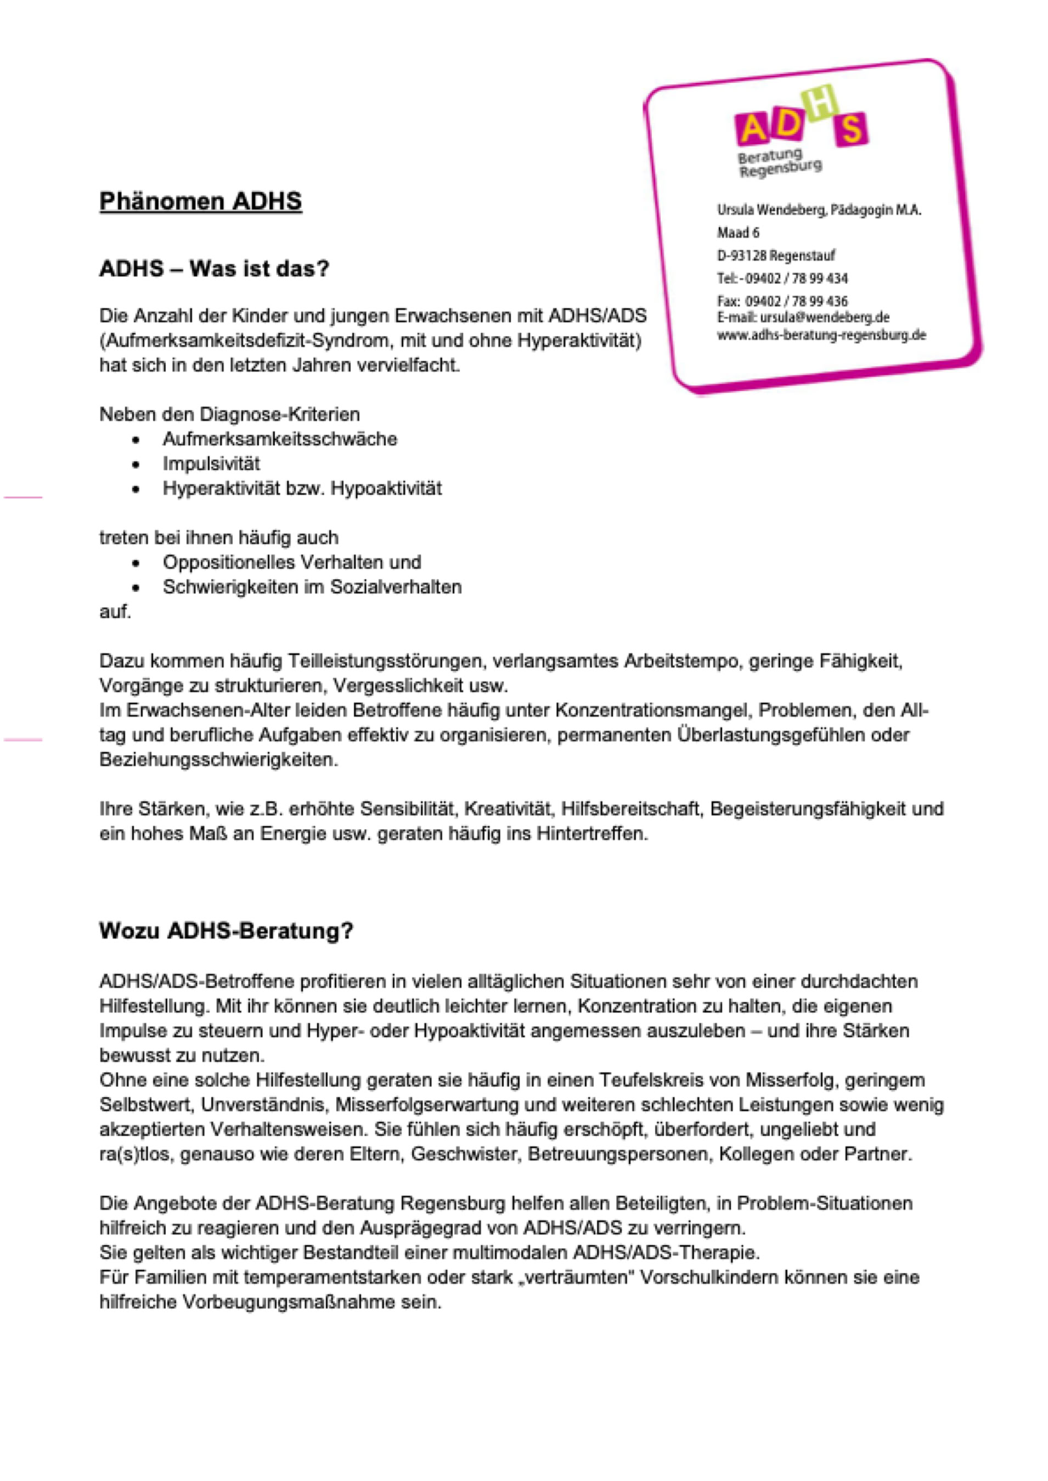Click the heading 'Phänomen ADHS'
pos(200,201)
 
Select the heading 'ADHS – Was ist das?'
pos(213,268)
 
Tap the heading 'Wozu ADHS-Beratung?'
pos(226,931)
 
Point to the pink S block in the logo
pos(851,129)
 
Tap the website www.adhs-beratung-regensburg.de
pos(821,335)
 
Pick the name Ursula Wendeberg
pos(770,210)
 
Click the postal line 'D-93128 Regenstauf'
pos(776,256)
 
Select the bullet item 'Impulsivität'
pos(211,464)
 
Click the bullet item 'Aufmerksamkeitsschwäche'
pos(279,439)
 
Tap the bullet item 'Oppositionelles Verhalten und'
pos(292,562)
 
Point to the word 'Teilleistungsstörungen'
pos(385,661)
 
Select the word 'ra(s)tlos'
pos(134,1154)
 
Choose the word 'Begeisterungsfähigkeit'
pos(805,809)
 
